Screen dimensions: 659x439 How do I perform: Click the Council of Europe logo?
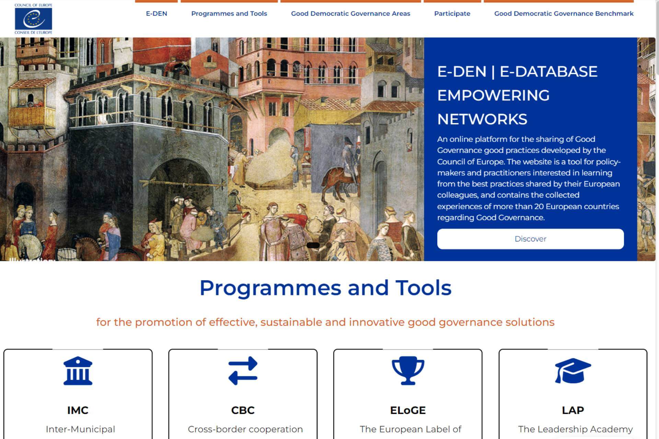point(33,19)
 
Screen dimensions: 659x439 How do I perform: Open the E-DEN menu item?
point(157,14)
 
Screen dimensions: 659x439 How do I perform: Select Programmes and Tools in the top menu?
point(229,14)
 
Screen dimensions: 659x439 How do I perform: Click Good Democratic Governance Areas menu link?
point(350,14)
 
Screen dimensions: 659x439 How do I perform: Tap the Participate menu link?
point(452,14)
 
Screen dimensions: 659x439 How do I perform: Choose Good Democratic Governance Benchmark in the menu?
point(564,14)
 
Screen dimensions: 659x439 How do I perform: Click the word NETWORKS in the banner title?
point(482,119)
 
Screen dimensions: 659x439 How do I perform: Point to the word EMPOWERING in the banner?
point(493,95)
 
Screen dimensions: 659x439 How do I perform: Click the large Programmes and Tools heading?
point(325,287)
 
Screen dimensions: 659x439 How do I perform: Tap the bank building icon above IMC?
point(78,371)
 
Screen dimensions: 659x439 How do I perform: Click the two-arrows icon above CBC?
point(243,371)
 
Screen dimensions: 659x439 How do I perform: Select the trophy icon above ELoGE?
point(408,371)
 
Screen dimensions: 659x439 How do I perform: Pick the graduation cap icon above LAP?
point(573,371)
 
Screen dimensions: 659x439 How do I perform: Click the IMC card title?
point(78,410)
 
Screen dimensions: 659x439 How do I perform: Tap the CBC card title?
point(243,410)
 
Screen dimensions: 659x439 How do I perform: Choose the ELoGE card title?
point(408,410)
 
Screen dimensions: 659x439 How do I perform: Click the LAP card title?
point(573,410)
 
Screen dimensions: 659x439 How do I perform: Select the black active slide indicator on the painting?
point(313,245)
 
